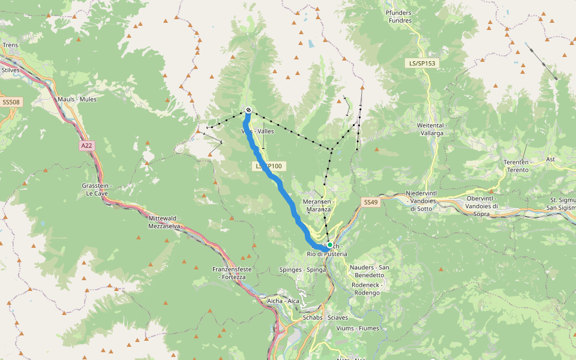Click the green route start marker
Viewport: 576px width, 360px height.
click(x=329, y=245)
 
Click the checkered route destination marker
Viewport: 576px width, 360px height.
click(x=248, y=110)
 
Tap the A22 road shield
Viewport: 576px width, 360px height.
click(x=87, y=145)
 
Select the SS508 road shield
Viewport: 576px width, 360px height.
click(x=10, y=102)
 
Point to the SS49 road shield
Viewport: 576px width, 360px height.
click(x=371, y=203)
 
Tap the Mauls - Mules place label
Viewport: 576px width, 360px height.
click(x=77, y=99)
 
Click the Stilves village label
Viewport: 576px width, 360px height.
click(x=11, y=70)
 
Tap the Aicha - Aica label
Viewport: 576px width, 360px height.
click(x=283, y=301)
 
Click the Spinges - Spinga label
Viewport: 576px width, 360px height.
click(x=302, y=270)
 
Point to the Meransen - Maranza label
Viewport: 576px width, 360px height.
click(x=318, y=205)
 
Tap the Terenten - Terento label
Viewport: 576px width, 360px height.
click(x=516, y=166)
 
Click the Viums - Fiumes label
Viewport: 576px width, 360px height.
click(x=358, y=328)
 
